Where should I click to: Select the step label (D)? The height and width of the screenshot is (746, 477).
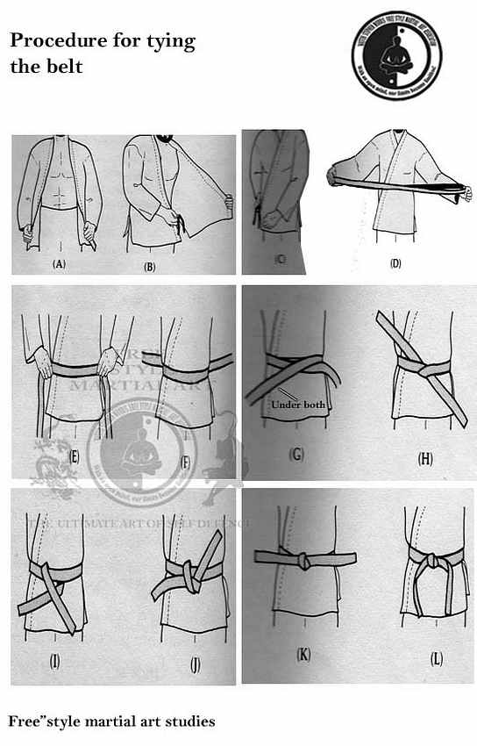point(395,262)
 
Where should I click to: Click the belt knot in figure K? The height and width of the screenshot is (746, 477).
point(303,559)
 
